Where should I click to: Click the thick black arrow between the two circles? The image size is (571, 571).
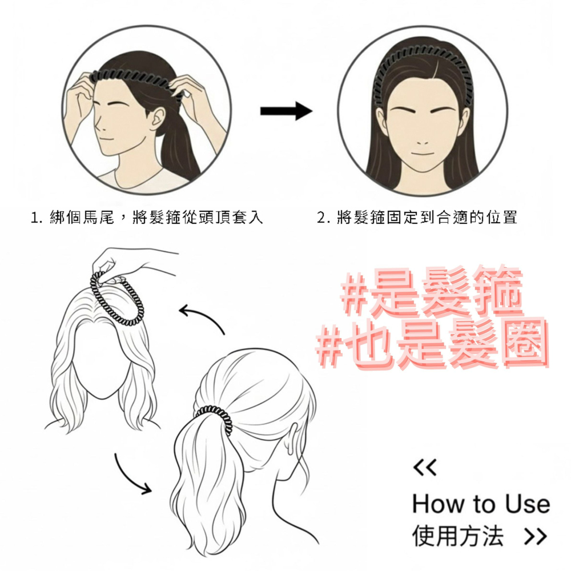(x=285, y=111)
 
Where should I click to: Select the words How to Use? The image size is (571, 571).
(x=481, y=504)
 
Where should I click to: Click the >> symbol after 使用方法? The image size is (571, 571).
(x=535, y=537)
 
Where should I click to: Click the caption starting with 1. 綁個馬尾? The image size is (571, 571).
(x=148, y=218)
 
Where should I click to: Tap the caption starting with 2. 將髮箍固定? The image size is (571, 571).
(x=417, y=218)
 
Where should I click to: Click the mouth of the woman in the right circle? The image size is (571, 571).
(x=423, y=153)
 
